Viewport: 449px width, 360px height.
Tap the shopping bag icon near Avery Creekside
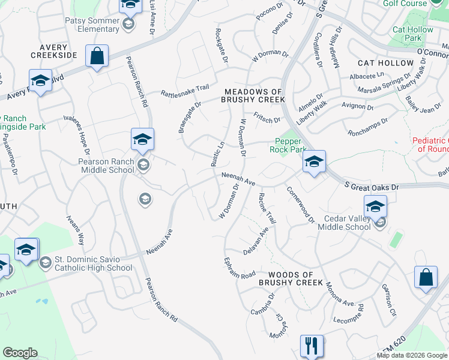click(x=97, y=57)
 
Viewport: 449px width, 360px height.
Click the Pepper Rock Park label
click(x=291, y=145)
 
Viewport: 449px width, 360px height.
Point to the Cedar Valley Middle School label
click(x=347, y=223)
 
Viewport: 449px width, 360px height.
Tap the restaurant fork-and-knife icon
click(x=312, y=346)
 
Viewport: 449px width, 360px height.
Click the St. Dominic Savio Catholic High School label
click(x=94, y=264)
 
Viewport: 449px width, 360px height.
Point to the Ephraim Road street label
click(x=240, y=267)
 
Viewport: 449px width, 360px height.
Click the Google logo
click(x=20, y=353)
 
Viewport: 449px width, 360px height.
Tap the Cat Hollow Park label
click(x=412, y=34)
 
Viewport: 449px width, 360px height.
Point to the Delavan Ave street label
click(x=256, y=241)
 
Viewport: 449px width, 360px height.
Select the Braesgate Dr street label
click(x=188, y=116)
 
